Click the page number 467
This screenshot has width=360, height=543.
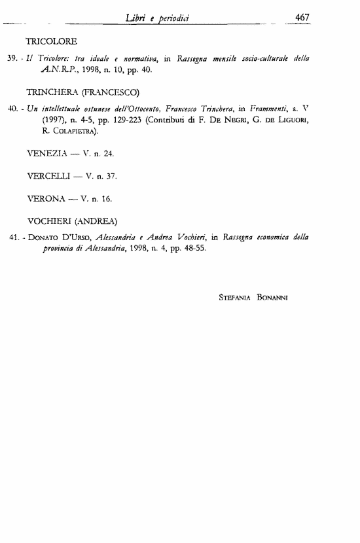302,18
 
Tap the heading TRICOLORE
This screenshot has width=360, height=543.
52,43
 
